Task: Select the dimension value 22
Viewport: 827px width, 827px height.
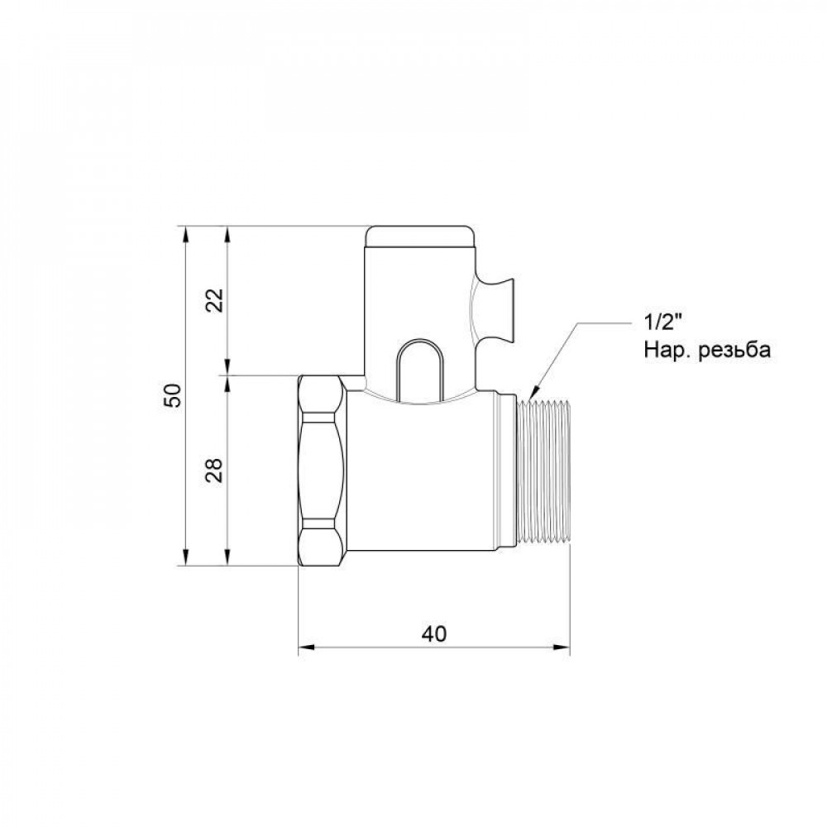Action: tap(215, 299)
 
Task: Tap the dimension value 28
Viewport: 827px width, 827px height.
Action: tap(215, 471)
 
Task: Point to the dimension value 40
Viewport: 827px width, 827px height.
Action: tap(433, 633)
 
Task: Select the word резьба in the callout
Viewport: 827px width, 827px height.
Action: tap(735, 350)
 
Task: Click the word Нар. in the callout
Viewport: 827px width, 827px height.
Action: tap(666, 350)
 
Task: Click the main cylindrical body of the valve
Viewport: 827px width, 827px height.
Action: tap(430, 480)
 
